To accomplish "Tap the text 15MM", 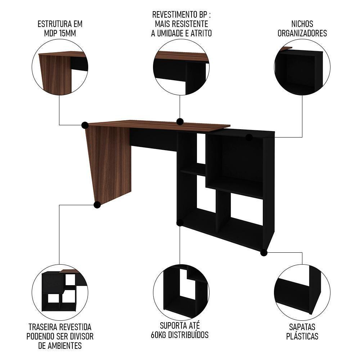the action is [x=67, y=33].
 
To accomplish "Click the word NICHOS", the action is [x=302, y=24].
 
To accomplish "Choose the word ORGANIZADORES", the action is [x=302, y=33].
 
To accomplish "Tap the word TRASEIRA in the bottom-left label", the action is [x=43, y=327].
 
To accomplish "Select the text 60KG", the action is [x=158, y=335].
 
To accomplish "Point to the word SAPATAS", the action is [x=302, y=327].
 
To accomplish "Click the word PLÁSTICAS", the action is [x=302, y=336].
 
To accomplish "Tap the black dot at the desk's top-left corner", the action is [x=85, y=125].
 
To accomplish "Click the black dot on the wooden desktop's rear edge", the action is [x=180, y=122].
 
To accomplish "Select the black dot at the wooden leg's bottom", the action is [x=97, y=204].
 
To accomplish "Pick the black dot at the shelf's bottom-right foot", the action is [x=264, y=253].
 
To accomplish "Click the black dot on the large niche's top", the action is [x=249, y=138].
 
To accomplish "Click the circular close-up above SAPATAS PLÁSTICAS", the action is [x=302, y=292].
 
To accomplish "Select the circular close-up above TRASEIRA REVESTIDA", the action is [x=60, y=292].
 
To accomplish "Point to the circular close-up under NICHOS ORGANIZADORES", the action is [x=302, y=67].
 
